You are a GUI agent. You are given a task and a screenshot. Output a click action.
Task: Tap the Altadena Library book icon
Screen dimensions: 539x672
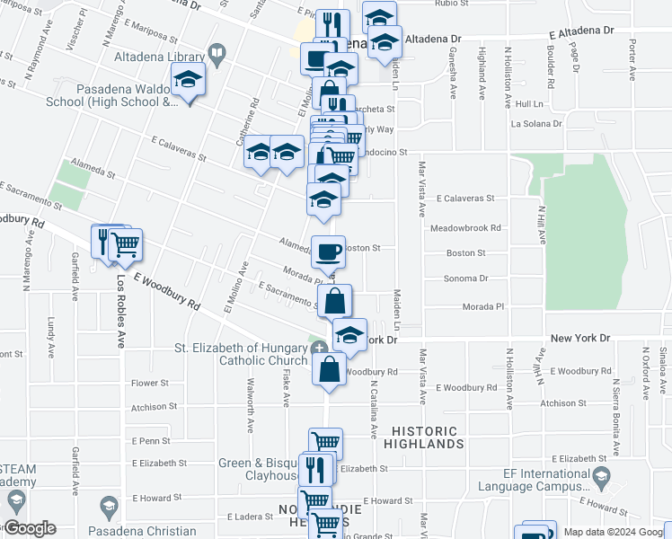pyautogui.click(x=216, y=55)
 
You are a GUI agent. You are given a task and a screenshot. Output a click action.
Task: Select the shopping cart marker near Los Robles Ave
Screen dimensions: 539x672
pyautogui.click(x=126, y=243)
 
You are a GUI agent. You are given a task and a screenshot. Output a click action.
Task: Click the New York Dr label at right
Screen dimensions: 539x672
pyautogui.click(x=579, y=338)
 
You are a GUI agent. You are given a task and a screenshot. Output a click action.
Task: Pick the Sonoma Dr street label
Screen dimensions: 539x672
pyautogui.click(x=465, y=279)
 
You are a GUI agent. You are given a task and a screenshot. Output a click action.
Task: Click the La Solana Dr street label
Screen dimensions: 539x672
pyautogui.click(x=536, y=124)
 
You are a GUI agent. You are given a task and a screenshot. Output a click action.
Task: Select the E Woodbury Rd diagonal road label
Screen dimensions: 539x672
pyautogui.click(x=166, y=294)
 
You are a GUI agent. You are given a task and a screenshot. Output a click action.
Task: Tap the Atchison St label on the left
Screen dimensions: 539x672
pyautogui.click(x=150, y=408)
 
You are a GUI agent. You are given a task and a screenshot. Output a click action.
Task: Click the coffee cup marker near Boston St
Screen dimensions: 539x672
pyautogui.click(x=328, y=251)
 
